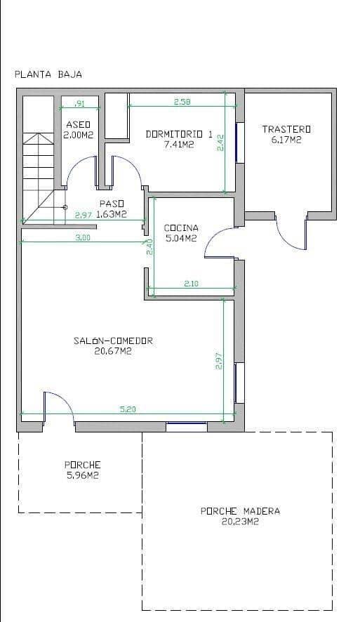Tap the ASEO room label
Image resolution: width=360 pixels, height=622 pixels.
point(78,124)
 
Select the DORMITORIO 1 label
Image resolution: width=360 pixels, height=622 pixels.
point(178,133)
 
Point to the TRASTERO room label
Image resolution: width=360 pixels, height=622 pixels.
point(286,129)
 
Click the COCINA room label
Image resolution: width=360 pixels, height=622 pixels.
point(181,227)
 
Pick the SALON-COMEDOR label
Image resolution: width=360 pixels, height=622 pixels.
point(113,341)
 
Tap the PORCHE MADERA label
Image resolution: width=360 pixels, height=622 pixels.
point(240,511)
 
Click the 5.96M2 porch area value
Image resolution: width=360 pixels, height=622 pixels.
point(83,475)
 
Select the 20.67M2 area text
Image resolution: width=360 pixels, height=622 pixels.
point(113,351)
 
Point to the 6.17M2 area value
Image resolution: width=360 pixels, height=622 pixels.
point(286,140)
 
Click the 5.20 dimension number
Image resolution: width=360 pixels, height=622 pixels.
point(127,409)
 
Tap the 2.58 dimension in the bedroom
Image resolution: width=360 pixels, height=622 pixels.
point(182,102)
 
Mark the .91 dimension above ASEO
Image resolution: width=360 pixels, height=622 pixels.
point(79,104)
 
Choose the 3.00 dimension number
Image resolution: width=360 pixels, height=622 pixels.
point(82,238)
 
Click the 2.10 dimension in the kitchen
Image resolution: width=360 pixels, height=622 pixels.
point(192,284)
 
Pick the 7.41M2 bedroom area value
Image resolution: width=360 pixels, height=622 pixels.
point(178,144)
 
